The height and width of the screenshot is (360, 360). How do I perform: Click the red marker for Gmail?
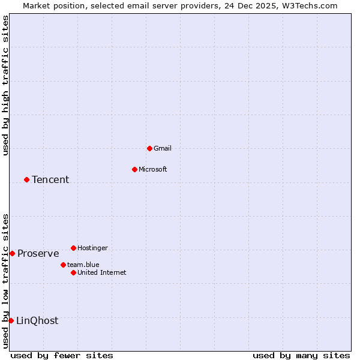click(x=149, y=148)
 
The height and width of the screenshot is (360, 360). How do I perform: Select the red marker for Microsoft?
click(x=134, y=169)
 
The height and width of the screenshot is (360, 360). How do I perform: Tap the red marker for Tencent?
click(x=26, y=179)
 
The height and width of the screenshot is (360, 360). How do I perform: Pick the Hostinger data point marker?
click(x=73, y=248)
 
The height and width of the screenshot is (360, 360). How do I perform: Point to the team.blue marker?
click(x=63, y=265)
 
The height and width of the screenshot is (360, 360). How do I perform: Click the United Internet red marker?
click(x=73, y=272)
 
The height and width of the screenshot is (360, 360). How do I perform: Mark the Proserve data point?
click(x=12, y=253)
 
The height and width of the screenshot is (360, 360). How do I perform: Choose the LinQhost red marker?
click(x=11, y=320)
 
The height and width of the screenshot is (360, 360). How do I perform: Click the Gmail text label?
click(x=163, y=148)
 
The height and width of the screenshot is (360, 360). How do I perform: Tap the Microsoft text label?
click(x=153, y=169)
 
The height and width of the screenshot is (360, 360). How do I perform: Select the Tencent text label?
click(x=50, y=179)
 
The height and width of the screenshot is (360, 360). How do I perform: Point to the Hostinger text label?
click(x=92, y=248)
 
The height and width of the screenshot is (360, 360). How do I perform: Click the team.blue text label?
click(x=83, y=265)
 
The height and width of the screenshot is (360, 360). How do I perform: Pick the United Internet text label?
click(x=102, y=272)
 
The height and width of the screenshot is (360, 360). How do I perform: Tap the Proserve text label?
click(x=38, y=253)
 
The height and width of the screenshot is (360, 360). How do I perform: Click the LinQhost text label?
click(x=37, y=320)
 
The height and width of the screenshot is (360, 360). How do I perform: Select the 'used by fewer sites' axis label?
click(x=62, y=355)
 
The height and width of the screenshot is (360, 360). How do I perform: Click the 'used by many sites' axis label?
click(x=301, y=355)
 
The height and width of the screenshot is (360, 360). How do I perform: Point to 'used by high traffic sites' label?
click(x=5, y=85)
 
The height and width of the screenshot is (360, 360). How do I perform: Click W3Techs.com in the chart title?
click(x=310, y=5)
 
